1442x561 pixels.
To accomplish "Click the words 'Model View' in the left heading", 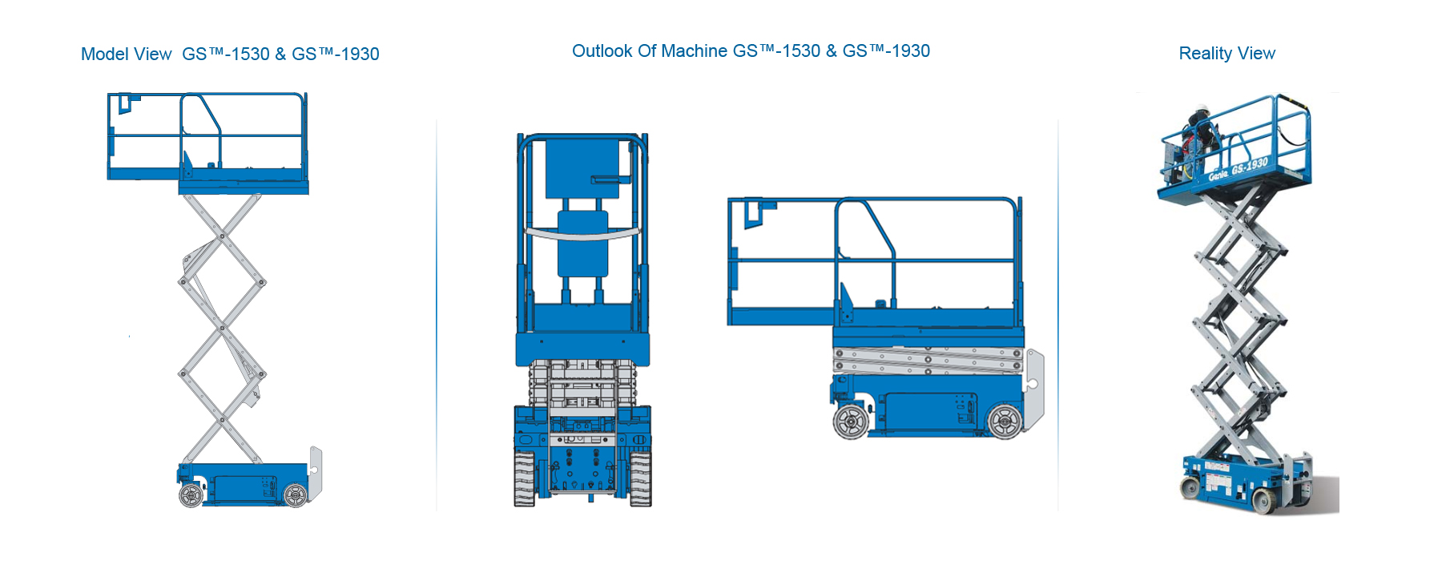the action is [x=127, y=54].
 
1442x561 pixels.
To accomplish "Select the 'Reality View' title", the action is [x=1227, y=54].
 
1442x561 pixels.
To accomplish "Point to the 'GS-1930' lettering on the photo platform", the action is [x=1250, y=167].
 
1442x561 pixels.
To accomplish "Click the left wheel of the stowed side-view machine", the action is [x=850, y=421].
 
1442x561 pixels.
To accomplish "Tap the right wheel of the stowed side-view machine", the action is [x=1005, y=421].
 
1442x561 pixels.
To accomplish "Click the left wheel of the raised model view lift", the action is [x=191, y=495].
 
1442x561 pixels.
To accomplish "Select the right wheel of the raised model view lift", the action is [x=296, y=495].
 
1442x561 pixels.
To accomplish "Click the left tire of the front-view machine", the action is [x=524, y=478].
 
